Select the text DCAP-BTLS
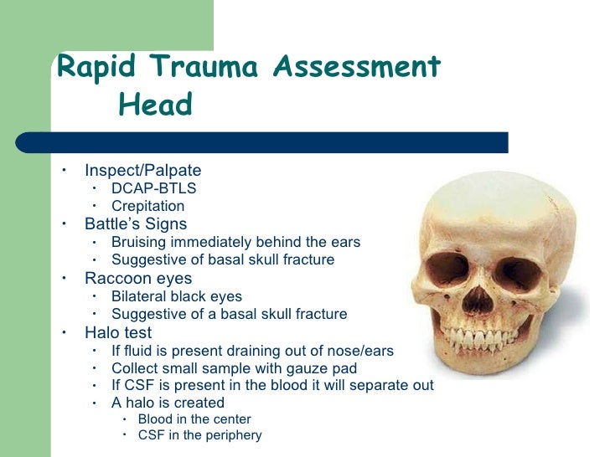coord(154,189)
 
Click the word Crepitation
coord(147,206)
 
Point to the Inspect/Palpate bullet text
coord(143,172)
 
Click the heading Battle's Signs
coord(136,224)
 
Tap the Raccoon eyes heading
coord(138,278)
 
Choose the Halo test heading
coord(118,332)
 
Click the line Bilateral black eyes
coord(177,296)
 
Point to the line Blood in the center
coord(194,419)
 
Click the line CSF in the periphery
coord(199,435)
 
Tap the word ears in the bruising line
coord(344,243)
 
